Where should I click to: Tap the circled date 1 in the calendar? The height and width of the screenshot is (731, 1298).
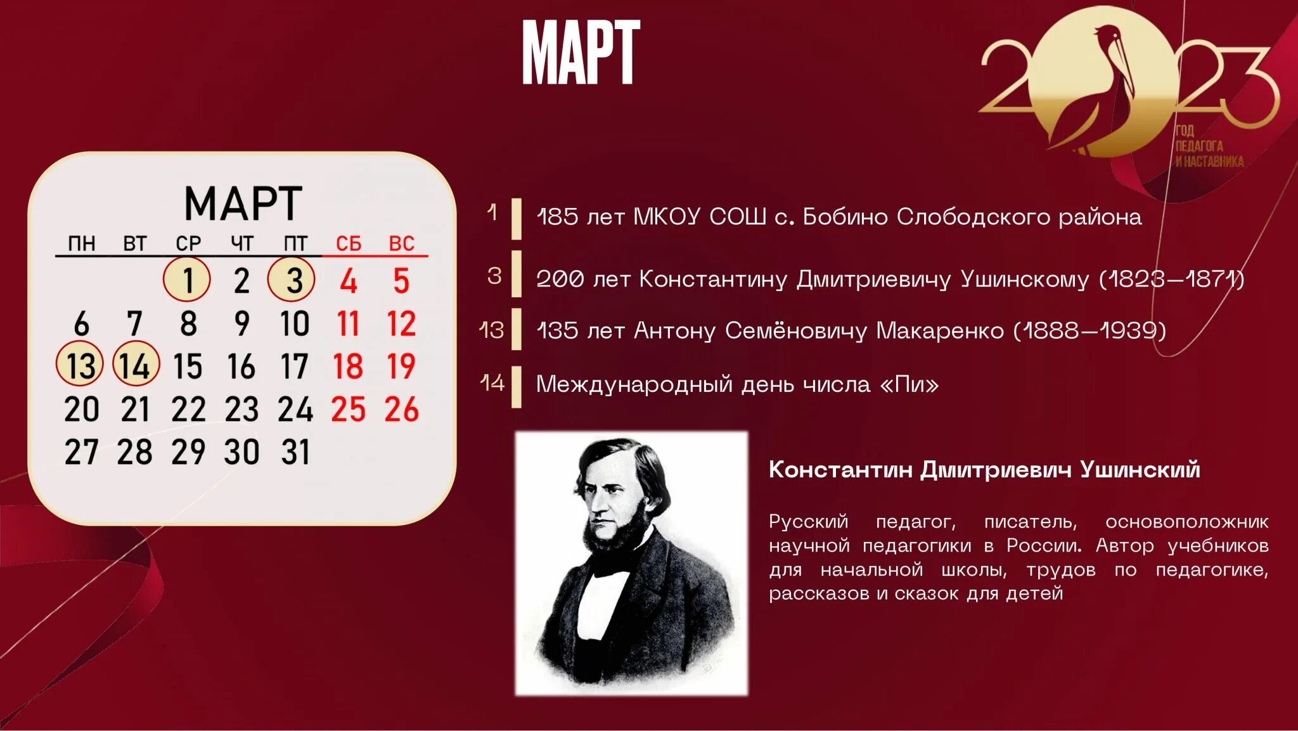187,280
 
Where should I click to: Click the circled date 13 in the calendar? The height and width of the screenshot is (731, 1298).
80,365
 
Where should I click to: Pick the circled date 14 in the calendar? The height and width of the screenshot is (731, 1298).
136,365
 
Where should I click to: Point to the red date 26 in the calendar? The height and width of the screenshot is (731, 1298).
401,409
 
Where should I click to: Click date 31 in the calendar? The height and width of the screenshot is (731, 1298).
295,452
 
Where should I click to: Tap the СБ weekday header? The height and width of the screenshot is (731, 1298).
348,243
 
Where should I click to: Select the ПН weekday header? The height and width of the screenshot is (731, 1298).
82,243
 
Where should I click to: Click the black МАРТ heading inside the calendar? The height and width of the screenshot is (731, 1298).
243,204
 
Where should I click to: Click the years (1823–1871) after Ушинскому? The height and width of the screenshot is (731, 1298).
1172,279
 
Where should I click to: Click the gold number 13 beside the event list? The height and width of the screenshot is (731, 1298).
492,330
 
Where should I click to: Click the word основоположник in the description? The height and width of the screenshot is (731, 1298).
1186,522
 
